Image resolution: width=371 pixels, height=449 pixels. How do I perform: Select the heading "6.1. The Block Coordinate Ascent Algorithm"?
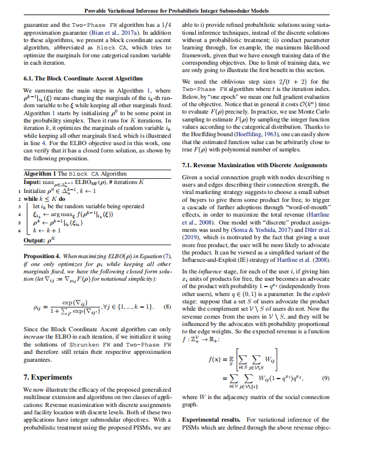[x=83, y=78]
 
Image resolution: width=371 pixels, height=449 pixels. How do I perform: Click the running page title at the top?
[x=185, y=11]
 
